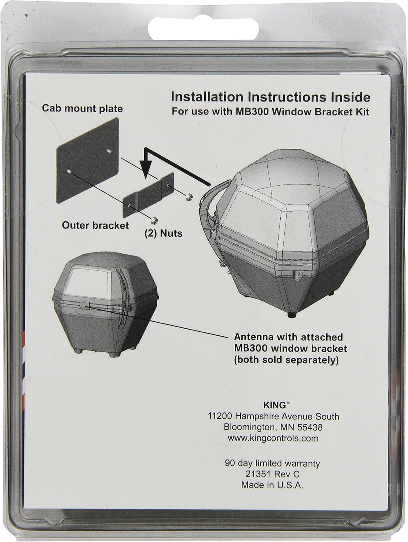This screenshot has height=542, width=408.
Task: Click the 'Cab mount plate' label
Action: (x=82, y=108)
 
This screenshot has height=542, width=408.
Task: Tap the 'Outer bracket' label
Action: (x=95, y=225)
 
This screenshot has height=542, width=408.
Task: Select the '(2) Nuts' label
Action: (x=164, y=233)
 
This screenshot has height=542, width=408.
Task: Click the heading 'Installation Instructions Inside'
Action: (x=270, y=97)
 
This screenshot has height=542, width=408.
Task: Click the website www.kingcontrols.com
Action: (x=273, y=438)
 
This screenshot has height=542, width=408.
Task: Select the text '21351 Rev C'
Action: (x=272, y=474)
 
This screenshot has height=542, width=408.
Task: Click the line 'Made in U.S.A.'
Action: (x=272, y=485)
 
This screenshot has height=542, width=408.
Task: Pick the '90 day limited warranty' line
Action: (x=272, y=463)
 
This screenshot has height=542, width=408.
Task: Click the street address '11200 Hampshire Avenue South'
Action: (x=274, y=416)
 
